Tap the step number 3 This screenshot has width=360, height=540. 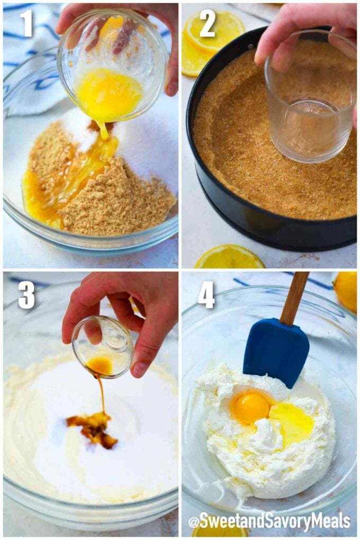coord(26,295)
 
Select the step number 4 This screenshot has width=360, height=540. coord(206,295)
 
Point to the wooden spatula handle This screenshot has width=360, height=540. coord(294,298)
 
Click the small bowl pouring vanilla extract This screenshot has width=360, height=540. coord(102,347)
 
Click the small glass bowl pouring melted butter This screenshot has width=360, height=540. coord(112,66)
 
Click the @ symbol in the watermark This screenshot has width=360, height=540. coord(194,522)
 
